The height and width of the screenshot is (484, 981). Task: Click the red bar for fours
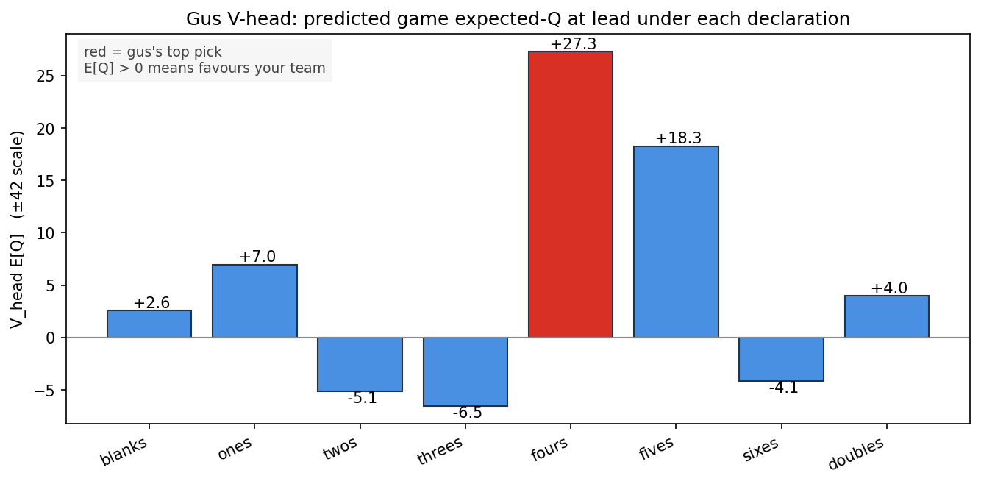tap(570, 194)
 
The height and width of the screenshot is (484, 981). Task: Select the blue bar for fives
tap(676, 242)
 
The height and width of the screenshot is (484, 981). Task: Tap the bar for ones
tap(254, 301)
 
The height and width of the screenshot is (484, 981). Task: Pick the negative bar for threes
tap(465, 372)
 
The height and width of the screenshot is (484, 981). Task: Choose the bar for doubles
tap(886, 317)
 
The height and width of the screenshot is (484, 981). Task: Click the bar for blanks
tap(149, 324)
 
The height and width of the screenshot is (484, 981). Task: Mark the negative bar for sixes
tap(781, 359)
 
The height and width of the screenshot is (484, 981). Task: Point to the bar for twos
tap(360, 364)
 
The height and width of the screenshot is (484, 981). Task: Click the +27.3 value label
tap(574, 44)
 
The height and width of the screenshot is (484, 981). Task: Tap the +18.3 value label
tap(678, 138)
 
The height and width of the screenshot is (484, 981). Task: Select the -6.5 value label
tap(467, 413)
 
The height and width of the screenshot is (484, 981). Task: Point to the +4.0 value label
tap(889, 288)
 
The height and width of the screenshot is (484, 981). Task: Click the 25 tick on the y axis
tap(45, 76)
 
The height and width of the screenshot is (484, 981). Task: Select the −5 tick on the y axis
tap(45, 391)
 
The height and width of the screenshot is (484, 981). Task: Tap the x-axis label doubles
tap(856, 455)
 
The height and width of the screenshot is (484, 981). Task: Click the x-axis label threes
tap(440, 451)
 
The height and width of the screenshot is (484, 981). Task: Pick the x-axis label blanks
tap(124, 452)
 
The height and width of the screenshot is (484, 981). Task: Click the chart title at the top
tap(518, 19)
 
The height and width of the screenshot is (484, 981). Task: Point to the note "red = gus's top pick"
tap(153, 51)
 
